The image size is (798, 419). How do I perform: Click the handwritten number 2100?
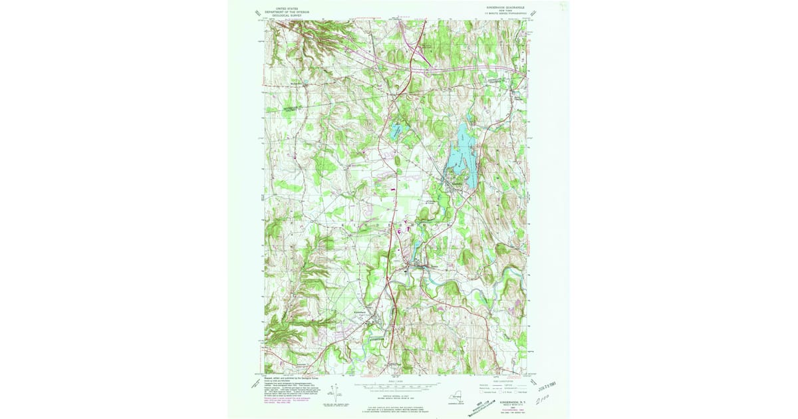tap(547, 400)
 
